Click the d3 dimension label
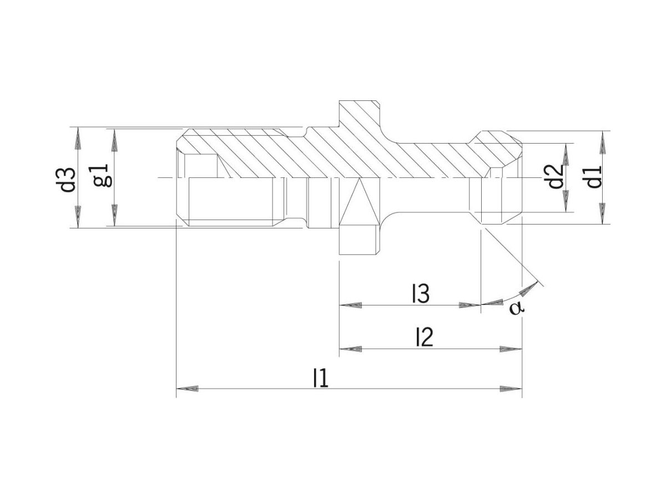click(68, 178)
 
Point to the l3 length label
click(420, 295)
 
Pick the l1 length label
click(320, 378)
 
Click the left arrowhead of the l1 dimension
click(188, 389)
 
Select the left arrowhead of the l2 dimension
click(351, 349)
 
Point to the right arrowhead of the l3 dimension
click(469, 305)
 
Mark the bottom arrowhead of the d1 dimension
click(602, 213)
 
